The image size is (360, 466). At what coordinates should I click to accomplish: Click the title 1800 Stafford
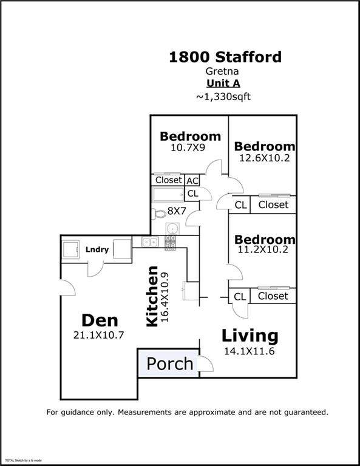[225, 57]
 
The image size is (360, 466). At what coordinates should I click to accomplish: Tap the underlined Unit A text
[223, 83]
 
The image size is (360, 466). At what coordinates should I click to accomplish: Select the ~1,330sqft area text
[223, 96]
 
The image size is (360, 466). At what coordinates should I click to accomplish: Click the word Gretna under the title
[222, 72]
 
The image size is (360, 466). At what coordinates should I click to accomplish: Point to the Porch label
[170, 364]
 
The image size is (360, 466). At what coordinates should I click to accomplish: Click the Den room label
[100, 320]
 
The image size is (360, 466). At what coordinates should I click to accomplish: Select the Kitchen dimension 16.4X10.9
[165, 297]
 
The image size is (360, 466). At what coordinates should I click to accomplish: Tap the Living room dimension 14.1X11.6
[249, 351]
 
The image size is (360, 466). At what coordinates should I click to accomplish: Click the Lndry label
[97, 249]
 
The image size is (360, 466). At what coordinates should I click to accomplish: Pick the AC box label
[192, 181]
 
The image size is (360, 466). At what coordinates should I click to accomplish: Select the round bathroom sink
[172, 229]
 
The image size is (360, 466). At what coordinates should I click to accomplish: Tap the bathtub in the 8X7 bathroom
[168, 195]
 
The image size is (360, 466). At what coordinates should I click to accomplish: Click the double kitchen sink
[150, 242]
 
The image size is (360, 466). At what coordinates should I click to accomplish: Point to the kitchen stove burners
[170, 242]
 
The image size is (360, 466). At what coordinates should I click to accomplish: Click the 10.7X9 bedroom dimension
[188, 147]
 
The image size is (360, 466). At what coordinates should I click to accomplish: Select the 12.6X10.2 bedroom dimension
[265, 158]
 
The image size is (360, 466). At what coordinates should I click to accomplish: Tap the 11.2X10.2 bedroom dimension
[263, 249]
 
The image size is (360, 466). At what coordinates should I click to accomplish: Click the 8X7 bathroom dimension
[177, 211]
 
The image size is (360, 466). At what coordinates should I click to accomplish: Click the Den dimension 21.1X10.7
[99, 335]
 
